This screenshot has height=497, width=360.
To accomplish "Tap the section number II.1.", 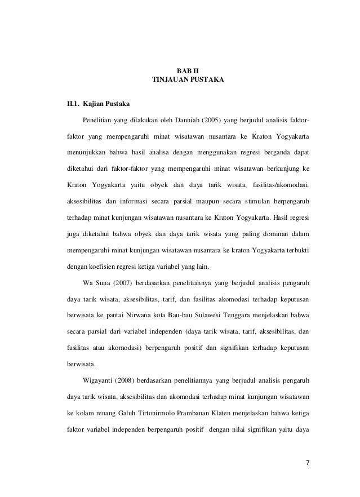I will pos(72,104).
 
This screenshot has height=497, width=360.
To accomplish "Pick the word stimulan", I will pos(250,201).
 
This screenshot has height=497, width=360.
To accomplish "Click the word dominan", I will pos(272,233).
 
